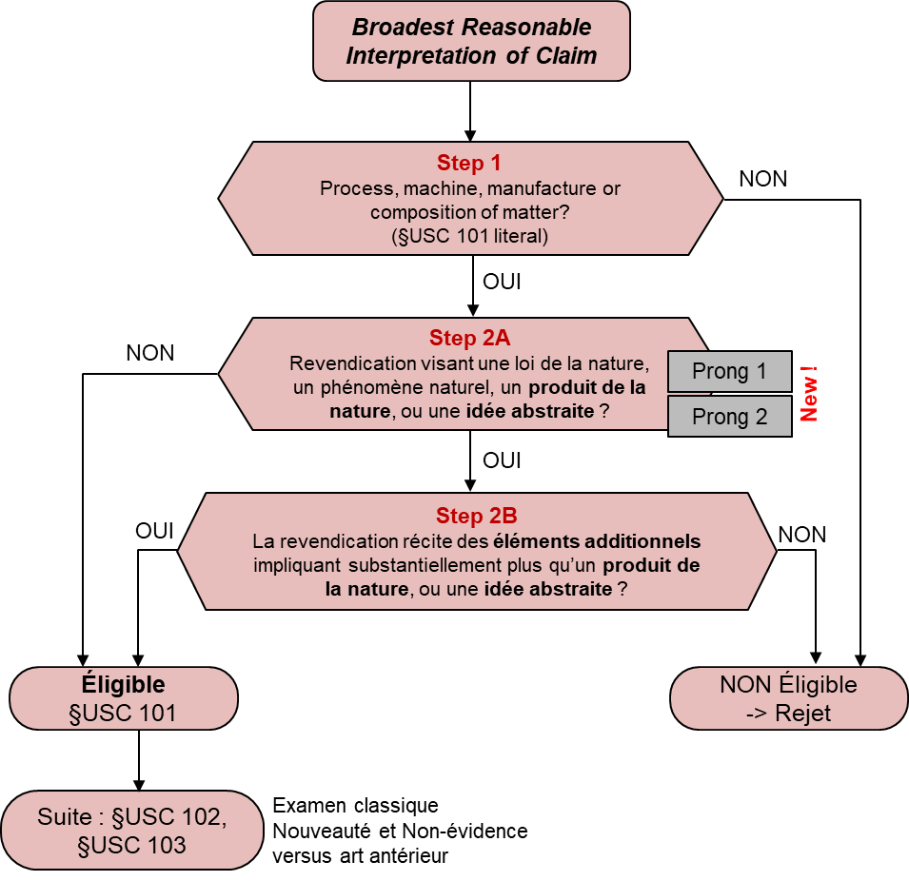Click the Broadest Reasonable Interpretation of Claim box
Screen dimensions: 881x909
coord(471,42)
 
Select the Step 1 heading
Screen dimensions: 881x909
coord(469,163)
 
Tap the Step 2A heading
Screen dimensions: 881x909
coord(468,338)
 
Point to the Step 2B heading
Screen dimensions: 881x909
coord(476,516)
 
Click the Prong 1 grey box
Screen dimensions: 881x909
coord(729,372)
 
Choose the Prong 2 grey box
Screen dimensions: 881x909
coord(729,417)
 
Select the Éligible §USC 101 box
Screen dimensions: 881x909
coord(123,698)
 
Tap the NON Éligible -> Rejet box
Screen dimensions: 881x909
coord(788,698)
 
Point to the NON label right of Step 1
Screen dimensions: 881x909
coord(762,178)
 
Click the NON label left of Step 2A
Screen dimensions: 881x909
coord(150,353)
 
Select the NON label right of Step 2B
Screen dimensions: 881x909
coord(801,534)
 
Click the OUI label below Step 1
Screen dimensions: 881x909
coord(502,283)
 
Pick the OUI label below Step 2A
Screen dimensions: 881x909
coord(502,460)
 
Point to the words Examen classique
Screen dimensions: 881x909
coord(356,806)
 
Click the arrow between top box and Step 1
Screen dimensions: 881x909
coord(469,110)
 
